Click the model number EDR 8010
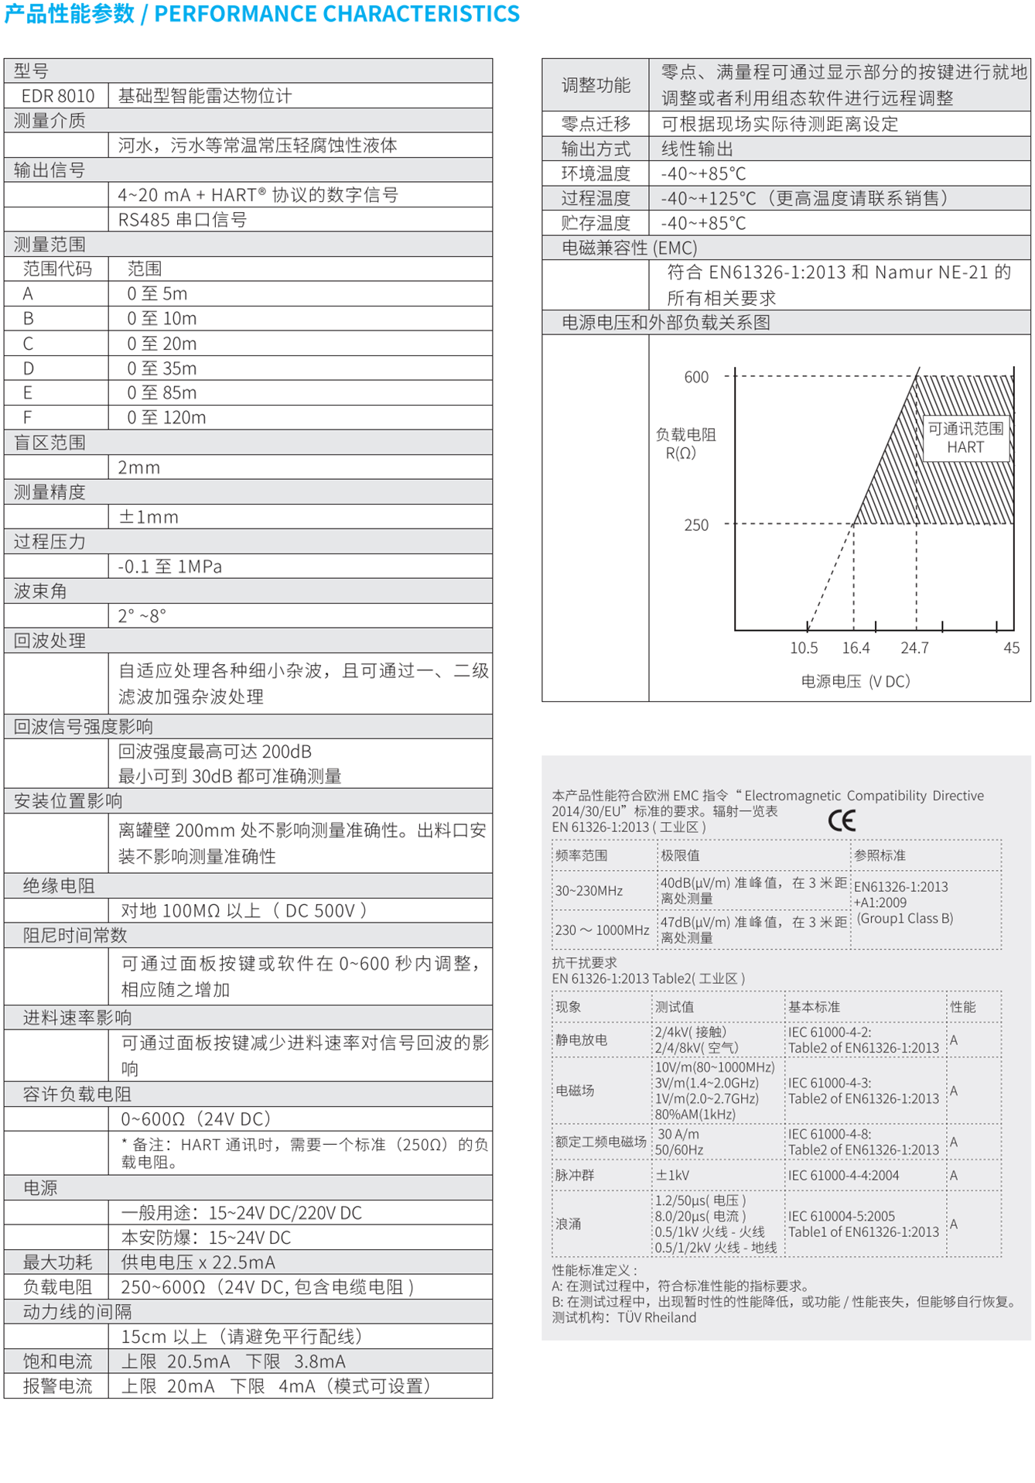point(57,96)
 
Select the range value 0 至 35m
point(162,368)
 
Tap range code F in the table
point(28,418)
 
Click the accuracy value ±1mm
point(148,517)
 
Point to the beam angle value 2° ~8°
point(142,616)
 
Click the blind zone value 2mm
point(139,468)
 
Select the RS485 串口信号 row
point(183,220)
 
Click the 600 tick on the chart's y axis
point(696,377)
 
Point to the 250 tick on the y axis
point(696,525)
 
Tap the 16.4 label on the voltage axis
point(856,648)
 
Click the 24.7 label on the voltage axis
point(914,648)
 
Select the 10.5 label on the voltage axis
point(804,648)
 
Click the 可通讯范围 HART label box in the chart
point(965,438)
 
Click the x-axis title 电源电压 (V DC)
point(856,681)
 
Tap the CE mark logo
point(842,820)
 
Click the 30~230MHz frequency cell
point(589,891)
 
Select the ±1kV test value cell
point(672,1175)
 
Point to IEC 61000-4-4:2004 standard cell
point(843,1175)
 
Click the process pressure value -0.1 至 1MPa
point(169,567)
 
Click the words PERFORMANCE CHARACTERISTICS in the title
point(336,14)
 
